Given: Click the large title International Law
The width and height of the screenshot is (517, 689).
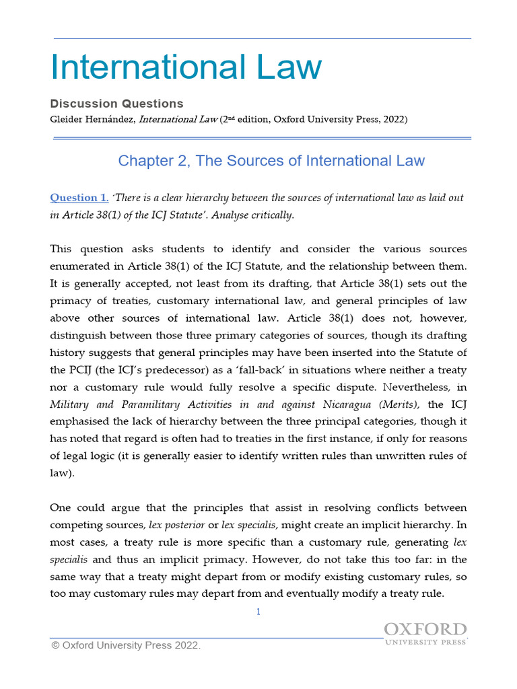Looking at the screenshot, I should click(186, 68).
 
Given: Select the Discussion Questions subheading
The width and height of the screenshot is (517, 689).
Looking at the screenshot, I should click(116, 104).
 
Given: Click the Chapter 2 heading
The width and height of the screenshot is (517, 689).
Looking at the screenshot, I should click(271, 161).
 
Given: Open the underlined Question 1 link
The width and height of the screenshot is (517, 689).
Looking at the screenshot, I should click(79, 198).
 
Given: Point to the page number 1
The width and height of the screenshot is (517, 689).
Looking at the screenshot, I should click(258, 612).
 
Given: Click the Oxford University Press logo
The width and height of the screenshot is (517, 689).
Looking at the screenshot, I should click(425, 634).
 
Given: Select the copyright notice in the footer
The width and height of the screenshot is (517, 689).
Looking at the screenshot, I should click(126, 646).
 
